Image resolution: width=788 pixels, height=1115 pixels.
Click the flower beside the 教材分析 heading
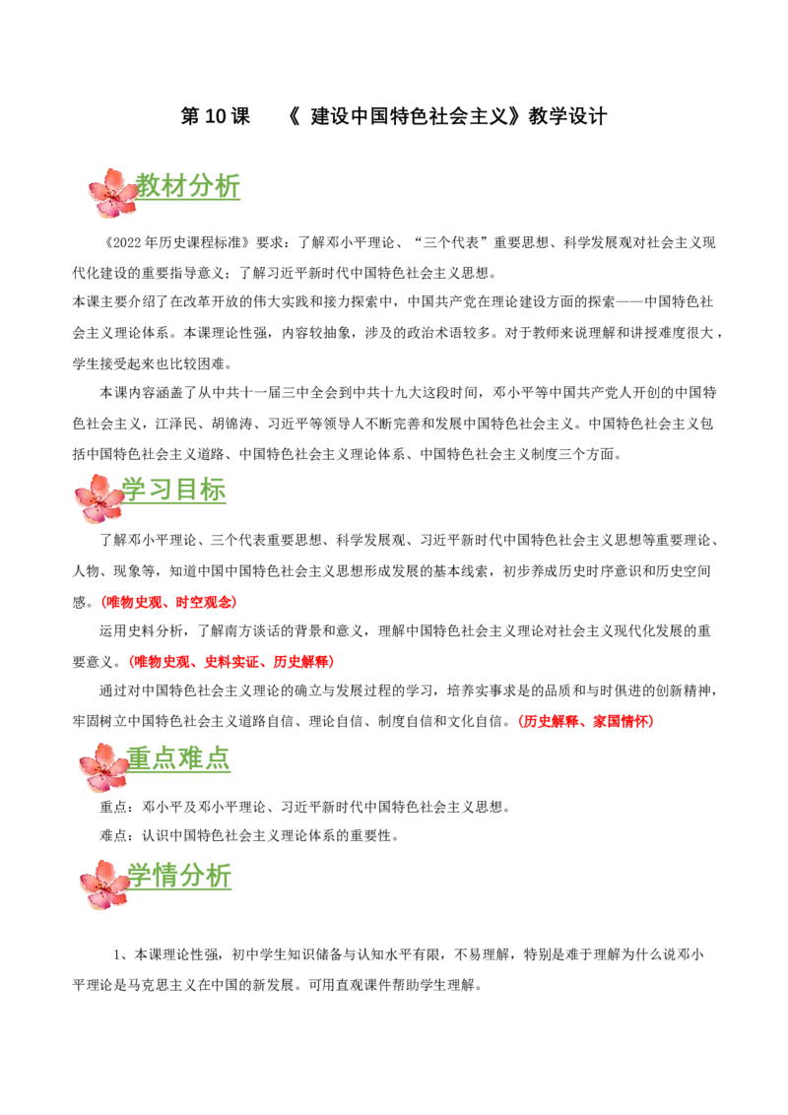(113, 193)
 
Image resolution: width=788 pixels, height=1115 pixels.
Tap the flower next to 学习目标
(99, 498)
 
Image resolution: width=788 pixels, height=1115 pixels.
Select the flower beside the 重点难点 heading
(104, 767)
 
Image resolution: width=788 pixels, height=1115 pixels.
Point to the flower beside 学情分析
(104, 885)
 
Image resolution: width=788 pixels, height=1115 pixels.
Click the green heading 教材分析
(190, 186)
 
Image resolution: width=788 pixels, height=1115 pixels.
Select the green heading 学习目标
(173, 492)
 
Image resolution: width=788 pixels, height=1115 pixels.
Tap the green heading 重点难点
(181, 760)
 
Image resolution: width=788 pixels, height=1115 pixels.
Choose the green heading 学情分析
(181, 878)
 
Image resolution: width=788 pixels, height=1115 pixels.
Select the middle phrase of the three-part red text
(232, 662)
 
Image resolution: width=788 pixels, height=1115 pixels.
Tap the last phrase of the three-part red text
(303, 662)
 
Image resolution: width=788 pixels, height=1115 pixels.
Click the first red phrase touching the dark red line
(134, 603)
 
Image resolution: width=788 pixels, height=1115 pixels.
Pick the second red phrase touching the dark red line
(206, 603)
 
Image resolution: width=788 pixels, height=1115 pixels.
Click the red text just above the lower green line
(585, 722)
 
